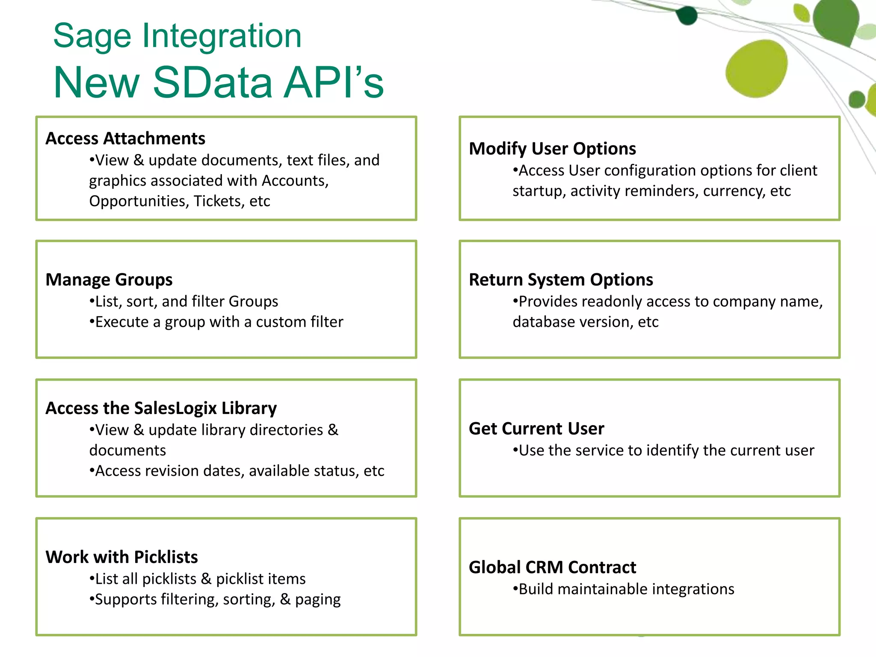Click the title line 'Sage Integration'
(x=177, y=36)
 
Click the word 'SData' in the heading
(x=212, y=82)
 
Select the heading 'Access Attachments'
(x=125, y=139)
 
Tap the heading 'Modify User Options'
(x=552, y=149)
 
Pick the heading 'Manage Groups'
(x=109, y=280)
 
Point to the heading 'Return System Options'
(x=561, y=280)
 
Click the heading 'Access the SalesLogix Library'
(x=161, y=408)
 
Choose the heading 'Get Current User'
(x=536, y=429)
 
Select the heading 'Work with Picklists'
(x=122, y=557)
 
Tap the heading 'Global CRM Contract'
(x=552, y=567)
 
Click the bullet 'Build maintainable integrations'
(x=624, y=589)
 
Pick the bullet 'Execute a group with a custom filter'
(x=216, y=322)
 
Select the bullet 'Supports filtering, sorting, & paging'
(x=215, y=600)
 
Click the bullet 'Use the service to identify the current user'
(x=663, y=450)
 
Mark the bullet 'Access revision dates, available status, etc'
(x=237, y=471)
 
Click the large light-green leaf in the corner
(x=756, y=68)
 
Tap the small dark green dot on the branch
(x=687, y=16)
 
